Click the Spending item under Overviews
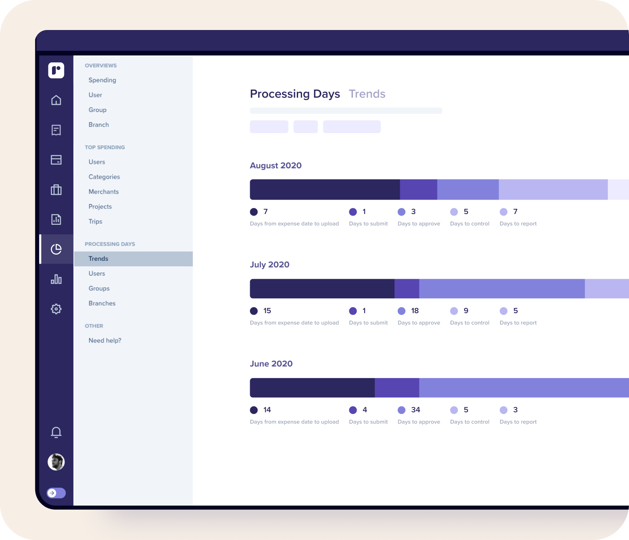[102, 80]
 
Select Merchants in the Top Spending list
[104, 192]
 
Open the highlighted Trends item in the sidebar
[98, 259]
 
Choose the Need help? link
[105, 340]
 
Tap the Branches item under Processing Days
[102, 303]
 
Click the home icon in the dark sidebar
[56, 100]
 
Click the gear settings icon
[56, 309]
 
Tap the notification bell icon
[56, 432]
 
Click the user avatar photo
[56, 462]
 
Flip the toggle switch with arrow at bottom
[56, 493]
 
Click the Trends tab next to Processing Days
[367, 94]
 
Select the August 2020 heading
[276, 166]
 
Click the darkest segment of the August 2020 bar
[325, 190]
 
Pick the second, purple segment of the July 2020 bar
[407, 289]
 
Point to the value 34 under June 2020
[415, 410]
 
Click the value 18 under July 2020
[415, 311]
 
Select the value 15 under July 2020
[267, 311]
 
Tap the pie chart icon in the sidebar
[56, 249]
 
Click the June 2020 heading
[271, 364]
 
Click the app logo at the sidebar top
[56, 70]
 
